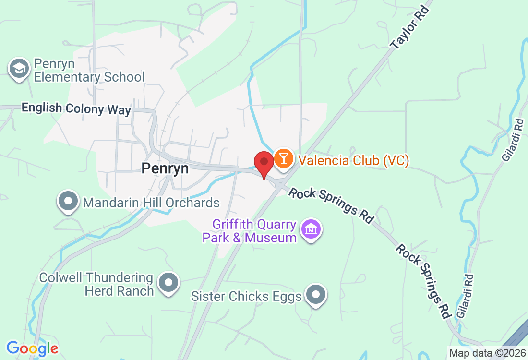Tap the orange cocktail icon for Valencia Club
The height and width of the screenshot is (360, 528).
(x=284, y=158)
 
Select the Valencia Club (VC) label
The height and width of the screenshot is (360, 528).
(x=354, y=160)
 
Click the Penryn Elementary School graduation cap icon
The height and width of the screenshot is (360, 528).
(x=19, y=69)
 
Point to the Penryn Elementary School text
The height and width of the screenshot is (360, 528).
(x=89, y=71)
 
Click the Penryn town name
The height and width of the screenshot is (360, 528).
(x=165, y=168)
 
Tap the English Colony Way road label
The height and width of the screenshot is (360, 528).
(x=76, y=108)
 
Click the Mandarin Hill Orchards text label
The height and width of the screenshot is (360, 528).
(x=151, y=203)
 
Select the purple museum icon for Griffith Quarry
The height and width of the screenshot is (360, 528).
(x=311, y=229)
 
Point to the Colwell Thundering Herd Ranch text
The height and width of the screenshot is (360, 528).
(x=96, y=284)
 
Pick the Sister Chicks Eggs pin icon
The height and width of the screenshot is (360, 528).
(x=316, y=294)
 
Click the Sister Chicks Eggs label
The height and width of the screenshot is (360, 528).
(x=246, y=296)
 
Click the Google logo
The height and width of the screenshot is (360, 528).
(x=32, y=348)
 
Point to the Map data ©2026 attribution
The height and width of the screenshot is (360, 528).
(x=486, y=353)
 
